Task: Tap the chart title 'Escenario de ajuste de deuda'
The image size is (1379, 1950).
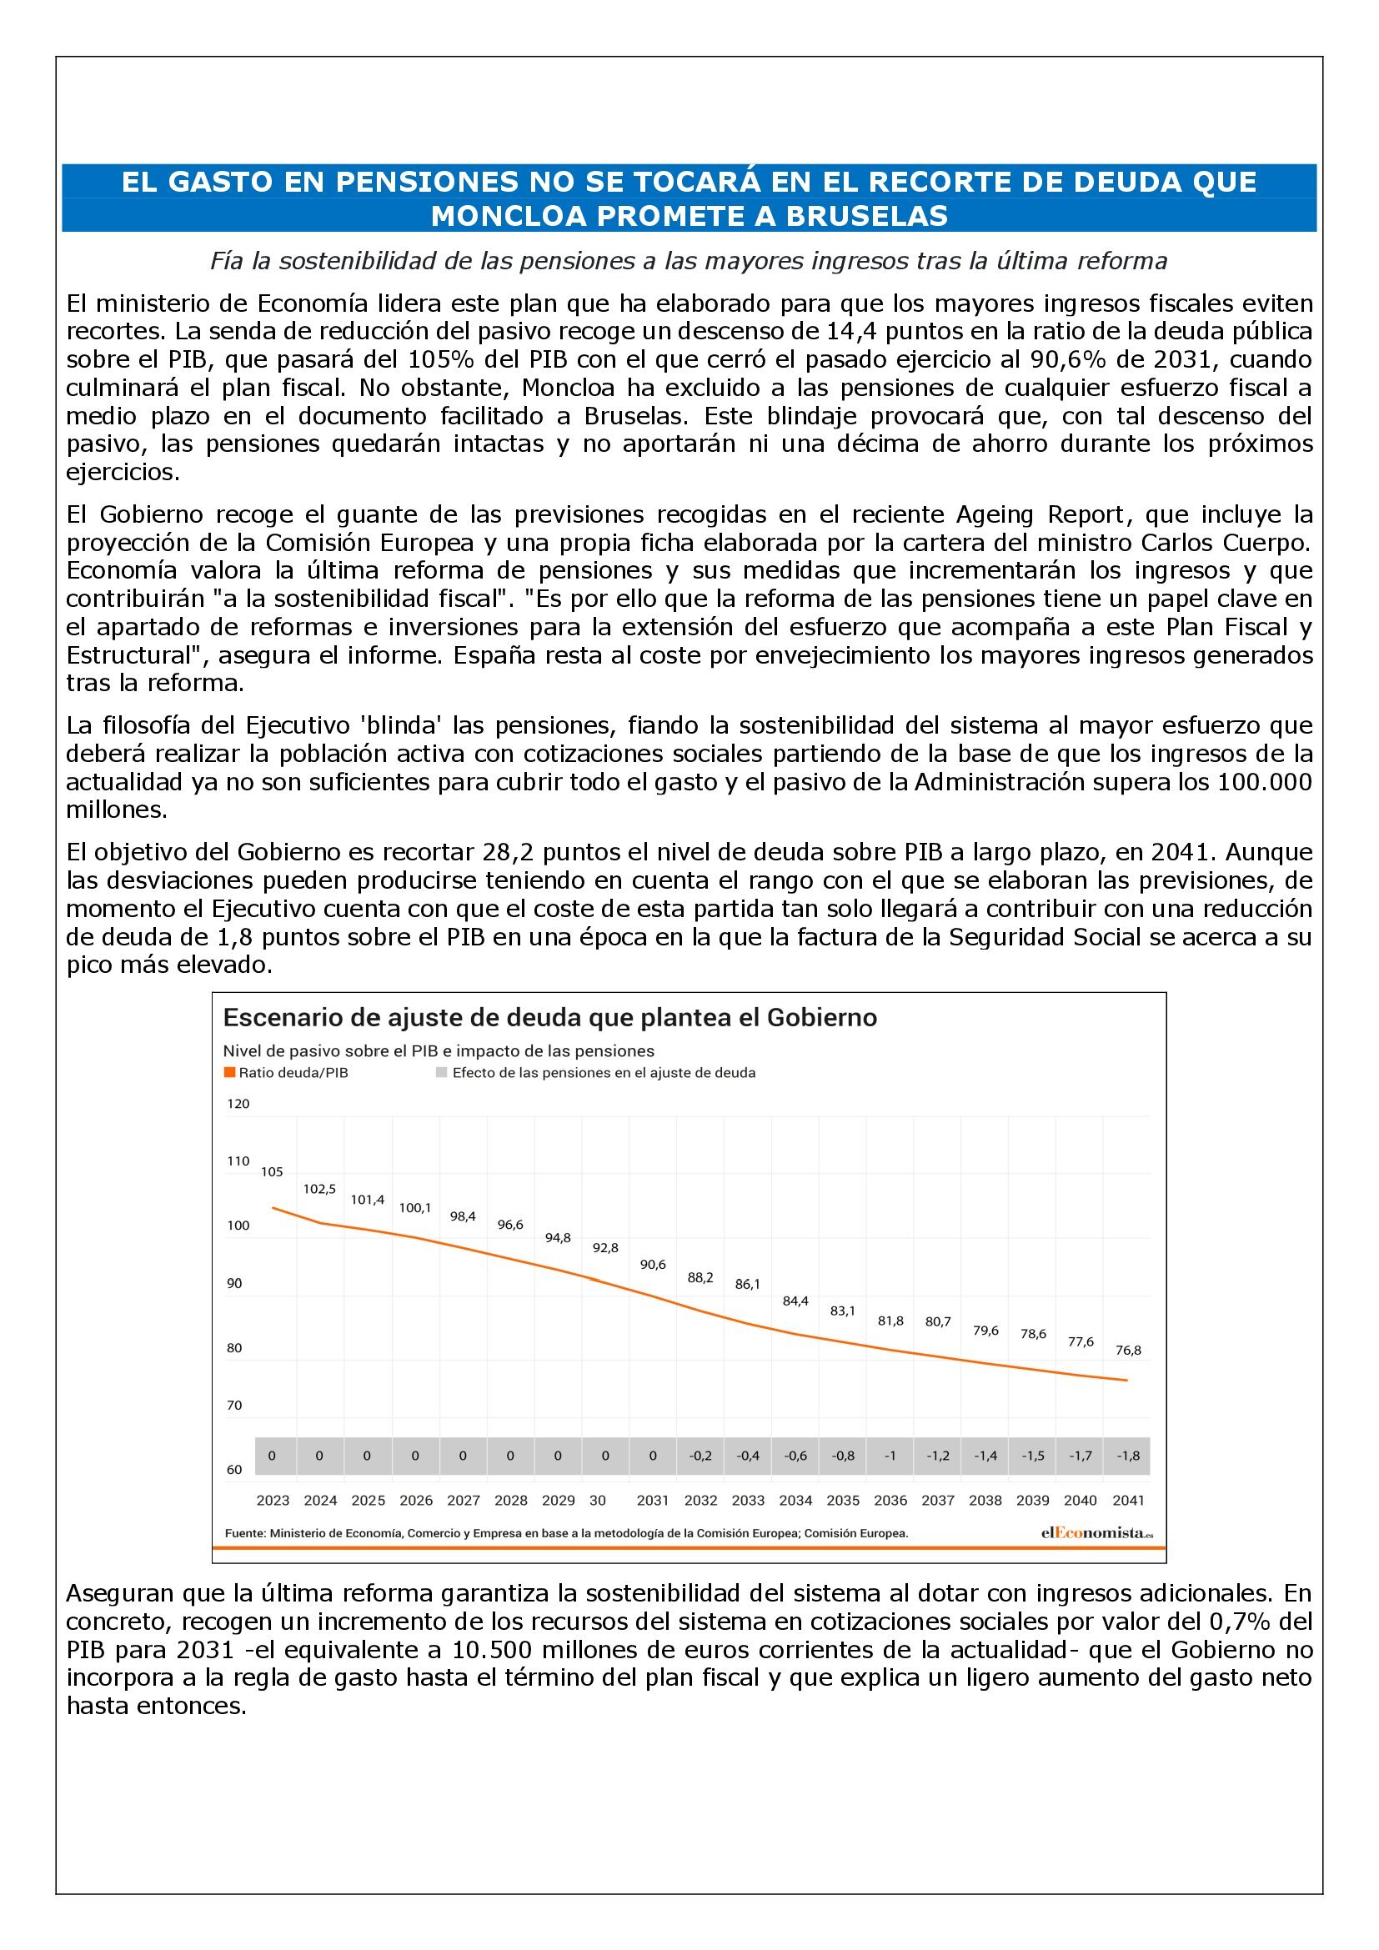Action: (549, 1017)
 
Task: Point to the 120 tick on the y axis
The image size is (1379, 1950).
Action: (238, 1103)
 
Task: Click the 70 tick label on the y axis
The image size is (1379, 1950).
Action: (234, 1406)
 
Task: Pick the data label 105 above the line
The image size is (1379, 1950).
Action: (272, 1172)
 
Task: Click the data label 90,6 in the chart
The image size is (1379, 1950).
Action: (653, 1265)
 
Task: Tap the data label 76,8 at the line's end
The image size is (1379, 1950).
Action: (1129, 1350)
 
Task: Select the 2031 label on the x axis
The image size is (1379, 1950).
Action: (653, 1500)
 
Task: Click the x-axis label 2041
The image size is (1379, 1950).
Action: (1129, 1500)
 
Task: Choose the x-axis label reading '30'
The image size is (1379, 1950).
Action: (598, 1500)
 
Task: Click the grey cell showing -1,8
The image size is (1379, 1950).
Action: (1129, 1456)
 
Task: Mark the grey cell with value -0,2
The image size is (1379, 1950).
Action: (700, 1456)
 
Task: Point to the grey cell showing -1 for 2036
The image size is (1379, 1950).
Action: (890, 1456)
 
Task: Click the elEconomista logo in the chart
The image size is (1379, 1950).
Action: (1096, 1533)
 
